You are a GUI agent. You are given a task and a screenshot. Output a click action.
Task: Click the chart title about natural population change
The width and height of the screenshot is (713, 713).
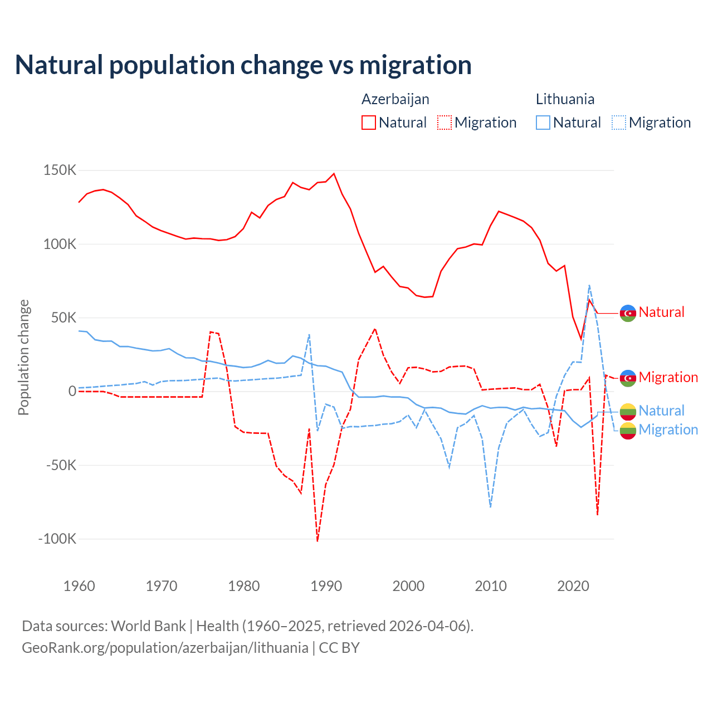tap(243, 65)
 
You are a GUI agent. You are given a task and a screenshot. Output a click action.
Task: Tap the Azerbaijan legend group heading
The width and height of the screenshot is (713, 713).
tap(395, 99)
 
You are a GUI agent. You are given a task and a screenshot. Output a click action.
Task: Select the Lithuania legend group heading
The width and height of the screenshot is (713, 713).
tap(565, 99)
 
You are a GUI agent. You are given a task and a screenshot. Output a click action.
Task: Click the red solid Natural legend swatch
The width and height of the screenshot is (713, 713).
tap(369, 123)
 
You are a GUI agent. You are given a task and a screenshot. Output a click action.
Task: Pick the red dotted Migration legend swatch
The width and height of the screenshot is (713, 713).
tap(445, 123)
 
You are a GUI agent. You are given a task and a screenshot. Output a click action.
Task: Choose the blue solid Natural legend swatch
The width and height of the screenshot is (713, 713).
tap(543, 123)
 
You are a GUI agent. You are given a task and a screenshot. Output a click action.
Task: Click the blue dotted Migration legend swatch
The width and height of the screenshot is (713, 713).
tap(619, 123)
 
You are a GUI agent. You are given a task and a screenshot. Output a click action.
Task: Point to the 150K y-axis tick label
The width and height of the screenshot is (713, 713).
tap(60, 170)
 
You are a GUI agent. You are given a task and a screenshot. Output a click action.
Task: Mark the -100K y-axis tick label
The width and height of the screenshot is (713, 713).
tap(57, 539)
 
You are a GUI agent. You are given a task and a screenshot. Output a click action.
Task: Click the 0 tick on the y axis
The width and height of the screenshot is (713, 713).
tap(72, 391)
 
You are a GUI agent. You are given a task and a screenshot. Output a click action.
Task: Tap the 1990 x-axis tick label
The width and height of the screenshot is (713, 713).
tap(326, 586)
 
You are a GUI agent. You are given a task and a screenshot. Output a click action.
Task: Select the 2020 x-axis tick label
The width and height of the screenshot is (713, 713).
tap(573, 586)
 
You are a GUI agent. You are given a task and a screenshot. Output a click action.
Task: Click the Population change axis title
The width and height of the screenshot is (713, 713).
tap(23, 358)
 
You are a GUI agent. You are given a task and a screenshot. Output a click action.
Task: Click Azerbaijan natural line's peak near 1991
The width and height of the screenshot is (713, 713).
tap(334, 173)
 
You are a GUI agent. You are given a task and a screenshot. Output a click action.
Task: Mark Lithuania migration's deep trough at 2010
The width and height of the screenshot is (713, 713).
tap(490, 507)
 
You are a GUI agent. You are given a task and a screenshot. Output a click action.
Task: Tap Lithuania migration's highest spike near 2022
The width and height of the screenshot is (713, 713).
tap(589, 285)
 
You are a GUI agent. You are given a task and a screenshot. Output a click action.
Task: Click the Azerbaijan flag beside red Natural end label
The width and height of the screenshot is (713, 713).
tap(628, 313)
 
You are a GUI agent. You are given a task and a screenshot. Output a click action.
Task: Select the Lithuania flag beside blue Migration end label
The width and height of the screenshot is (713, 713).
tap(628, 431)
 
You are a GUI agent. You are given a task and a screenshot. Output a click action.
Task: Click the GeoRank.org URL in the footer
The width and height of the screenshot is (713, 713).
tap(165, 648)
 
